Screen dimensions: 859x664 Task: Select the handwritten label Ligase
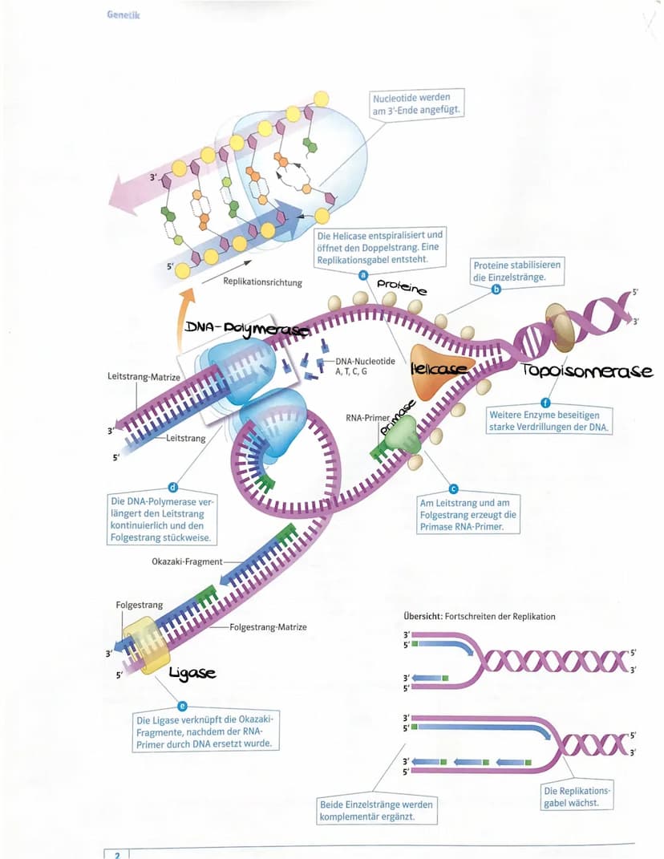click(192, 673)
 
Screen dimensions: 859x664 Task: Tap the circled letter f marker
click(547, 402)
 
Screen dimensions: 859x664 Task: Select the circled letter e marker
click(182, 706)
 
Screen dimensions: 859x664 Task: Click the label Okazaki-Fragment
click(186, 561)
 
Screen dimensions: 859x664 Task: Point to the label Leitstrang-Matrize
click(142, 376)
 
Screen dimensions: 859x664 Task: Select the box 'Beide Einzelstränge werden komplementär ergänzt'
click(378, 810)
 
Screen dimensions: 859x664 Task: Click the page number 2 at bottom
click(117, 854)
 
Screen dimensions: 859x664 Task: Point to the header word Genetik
click(122, 15)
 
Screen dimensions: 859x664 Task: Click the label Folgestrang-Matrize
click(268, 626)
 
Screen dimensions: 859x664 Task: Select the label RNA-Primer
click(367, 418)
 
